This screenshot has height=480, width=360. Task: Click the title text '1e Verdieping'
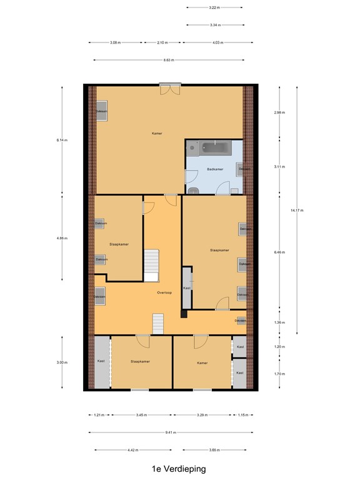point(178,468)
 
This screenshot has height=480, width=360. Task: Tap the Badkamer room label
point(216,169)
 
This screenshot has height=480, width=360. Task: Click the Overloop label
point(164,291)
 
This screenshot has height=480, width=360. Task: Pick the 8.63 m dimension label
point(168,60)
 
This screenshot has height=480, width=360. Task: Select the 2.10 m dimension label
point(162,42)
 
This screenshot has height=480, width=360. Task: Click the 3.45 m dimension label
point(141,414)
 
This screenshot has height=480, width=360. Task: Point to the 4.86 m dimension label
point(61,238)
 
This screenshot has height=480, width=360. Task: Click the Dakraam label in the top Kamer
point(101,111)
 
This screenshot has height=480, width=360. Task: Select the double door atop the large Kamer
point(169,89)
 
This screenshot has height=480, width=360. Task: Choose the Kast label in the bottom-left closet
point(101,361)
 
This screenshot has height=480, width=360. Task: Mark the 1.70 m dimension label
point(279,374)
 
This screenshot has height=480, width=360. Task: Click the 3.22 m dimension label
point(214,7)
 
